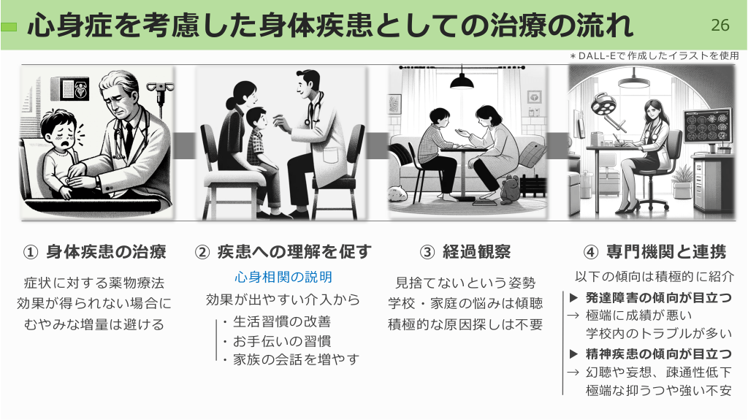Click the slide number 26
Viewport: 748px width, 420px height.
[720, 25]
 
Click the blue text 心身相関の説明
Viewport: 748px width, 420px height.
[283, 277]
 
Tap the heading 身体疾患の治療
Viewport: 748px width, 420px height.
[106, 251]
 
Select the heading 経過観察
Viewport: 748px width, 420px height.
[476, 251]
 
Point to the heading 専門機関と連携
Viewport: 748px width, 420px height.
[666, 251]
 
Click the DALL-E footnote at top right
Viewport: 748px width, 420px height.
[654, 56]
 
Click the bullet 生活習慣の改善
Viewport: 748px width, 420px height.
[282, 321]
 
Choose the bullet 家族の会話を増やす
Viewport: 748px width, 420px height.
[296, 359]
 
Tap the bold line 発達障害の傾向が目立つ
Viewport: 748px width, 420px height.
[658, 298]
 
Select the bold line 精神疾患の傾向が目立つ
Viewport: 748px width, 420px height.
[658, 354]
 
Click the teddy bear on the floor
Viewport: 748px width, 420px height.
[509, 189]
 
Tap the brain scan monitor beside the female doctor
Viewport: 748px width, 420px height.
[707, 126]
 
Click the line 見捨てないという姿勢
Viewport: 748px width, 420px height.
[465, 283]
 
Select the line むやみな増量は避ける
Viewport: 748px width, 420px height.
[94, 324]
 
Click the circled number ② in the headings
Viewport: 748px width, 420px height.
[202, 252]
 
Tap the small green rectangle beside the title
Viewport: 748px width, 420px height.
[9, 27]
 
